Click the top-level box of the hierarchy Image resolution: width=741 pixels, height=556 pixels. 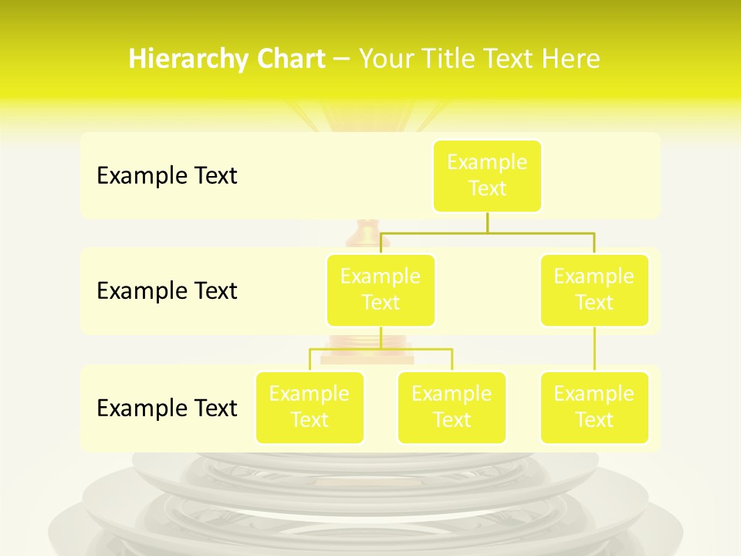tap(487, 175)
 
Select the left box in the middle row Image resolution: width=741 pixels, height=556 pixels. tap(381, 290)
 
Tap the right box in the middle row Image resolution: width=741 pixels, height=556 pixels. tap(594, 290)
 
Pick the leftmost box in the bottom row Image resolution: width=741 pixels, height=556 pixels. tap(310, 407)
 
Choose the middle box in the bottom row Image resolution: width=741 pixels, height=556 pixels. tap(452, 407)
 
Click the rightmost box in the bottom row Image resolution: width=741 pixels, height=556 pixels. tap(594, 407)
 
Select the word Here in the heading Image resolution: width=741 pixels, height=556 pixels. tap(573, 59)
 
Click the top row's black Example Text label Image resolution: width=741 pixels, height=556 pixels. tap(167, 176)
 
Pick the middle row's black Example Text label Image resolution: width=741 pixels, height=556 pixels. tap(167, 291)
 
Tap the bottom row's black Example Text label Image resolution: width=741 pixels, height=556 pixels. tap(167, 409)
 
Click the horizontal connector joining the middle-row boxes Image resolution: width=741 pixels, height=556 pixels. tap(487, 232)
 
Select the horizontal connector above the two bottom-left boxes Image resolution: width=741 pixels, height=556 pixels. tap(381, 349)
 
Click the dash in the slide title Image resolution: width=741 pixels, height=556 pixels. tap(342, 59)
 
